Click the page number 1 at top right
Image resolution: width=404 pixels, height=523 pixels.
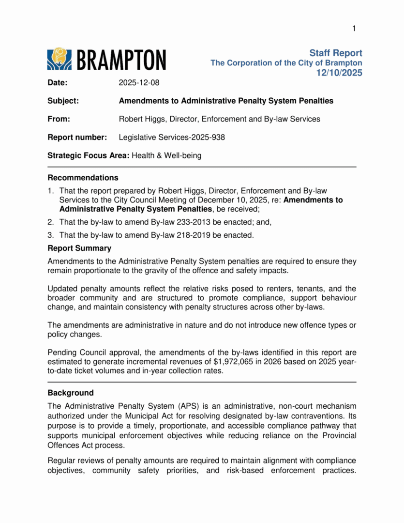[354, 29]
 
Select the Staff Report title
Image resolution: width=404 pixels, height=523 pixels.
[335, 53]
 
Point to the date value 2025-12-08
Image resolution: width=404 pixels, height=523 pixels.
[139, 83]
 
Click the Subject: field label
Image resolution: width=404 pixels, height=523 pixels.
[63, 101]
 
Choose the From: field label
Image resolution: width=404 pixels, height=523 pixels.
[59, 119]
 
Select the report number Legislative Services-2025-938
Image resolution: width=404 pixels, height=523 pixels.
[172, 138]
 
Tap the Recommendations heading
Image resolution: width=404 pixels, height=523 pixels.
[83, 178]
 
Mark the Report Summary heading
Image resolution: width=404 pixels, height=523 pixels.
[79, 248]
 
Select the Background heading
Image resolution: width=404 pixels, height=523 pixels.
[71, 393]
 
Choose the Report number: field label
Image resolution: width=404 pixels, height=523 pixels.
[77, 138]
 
